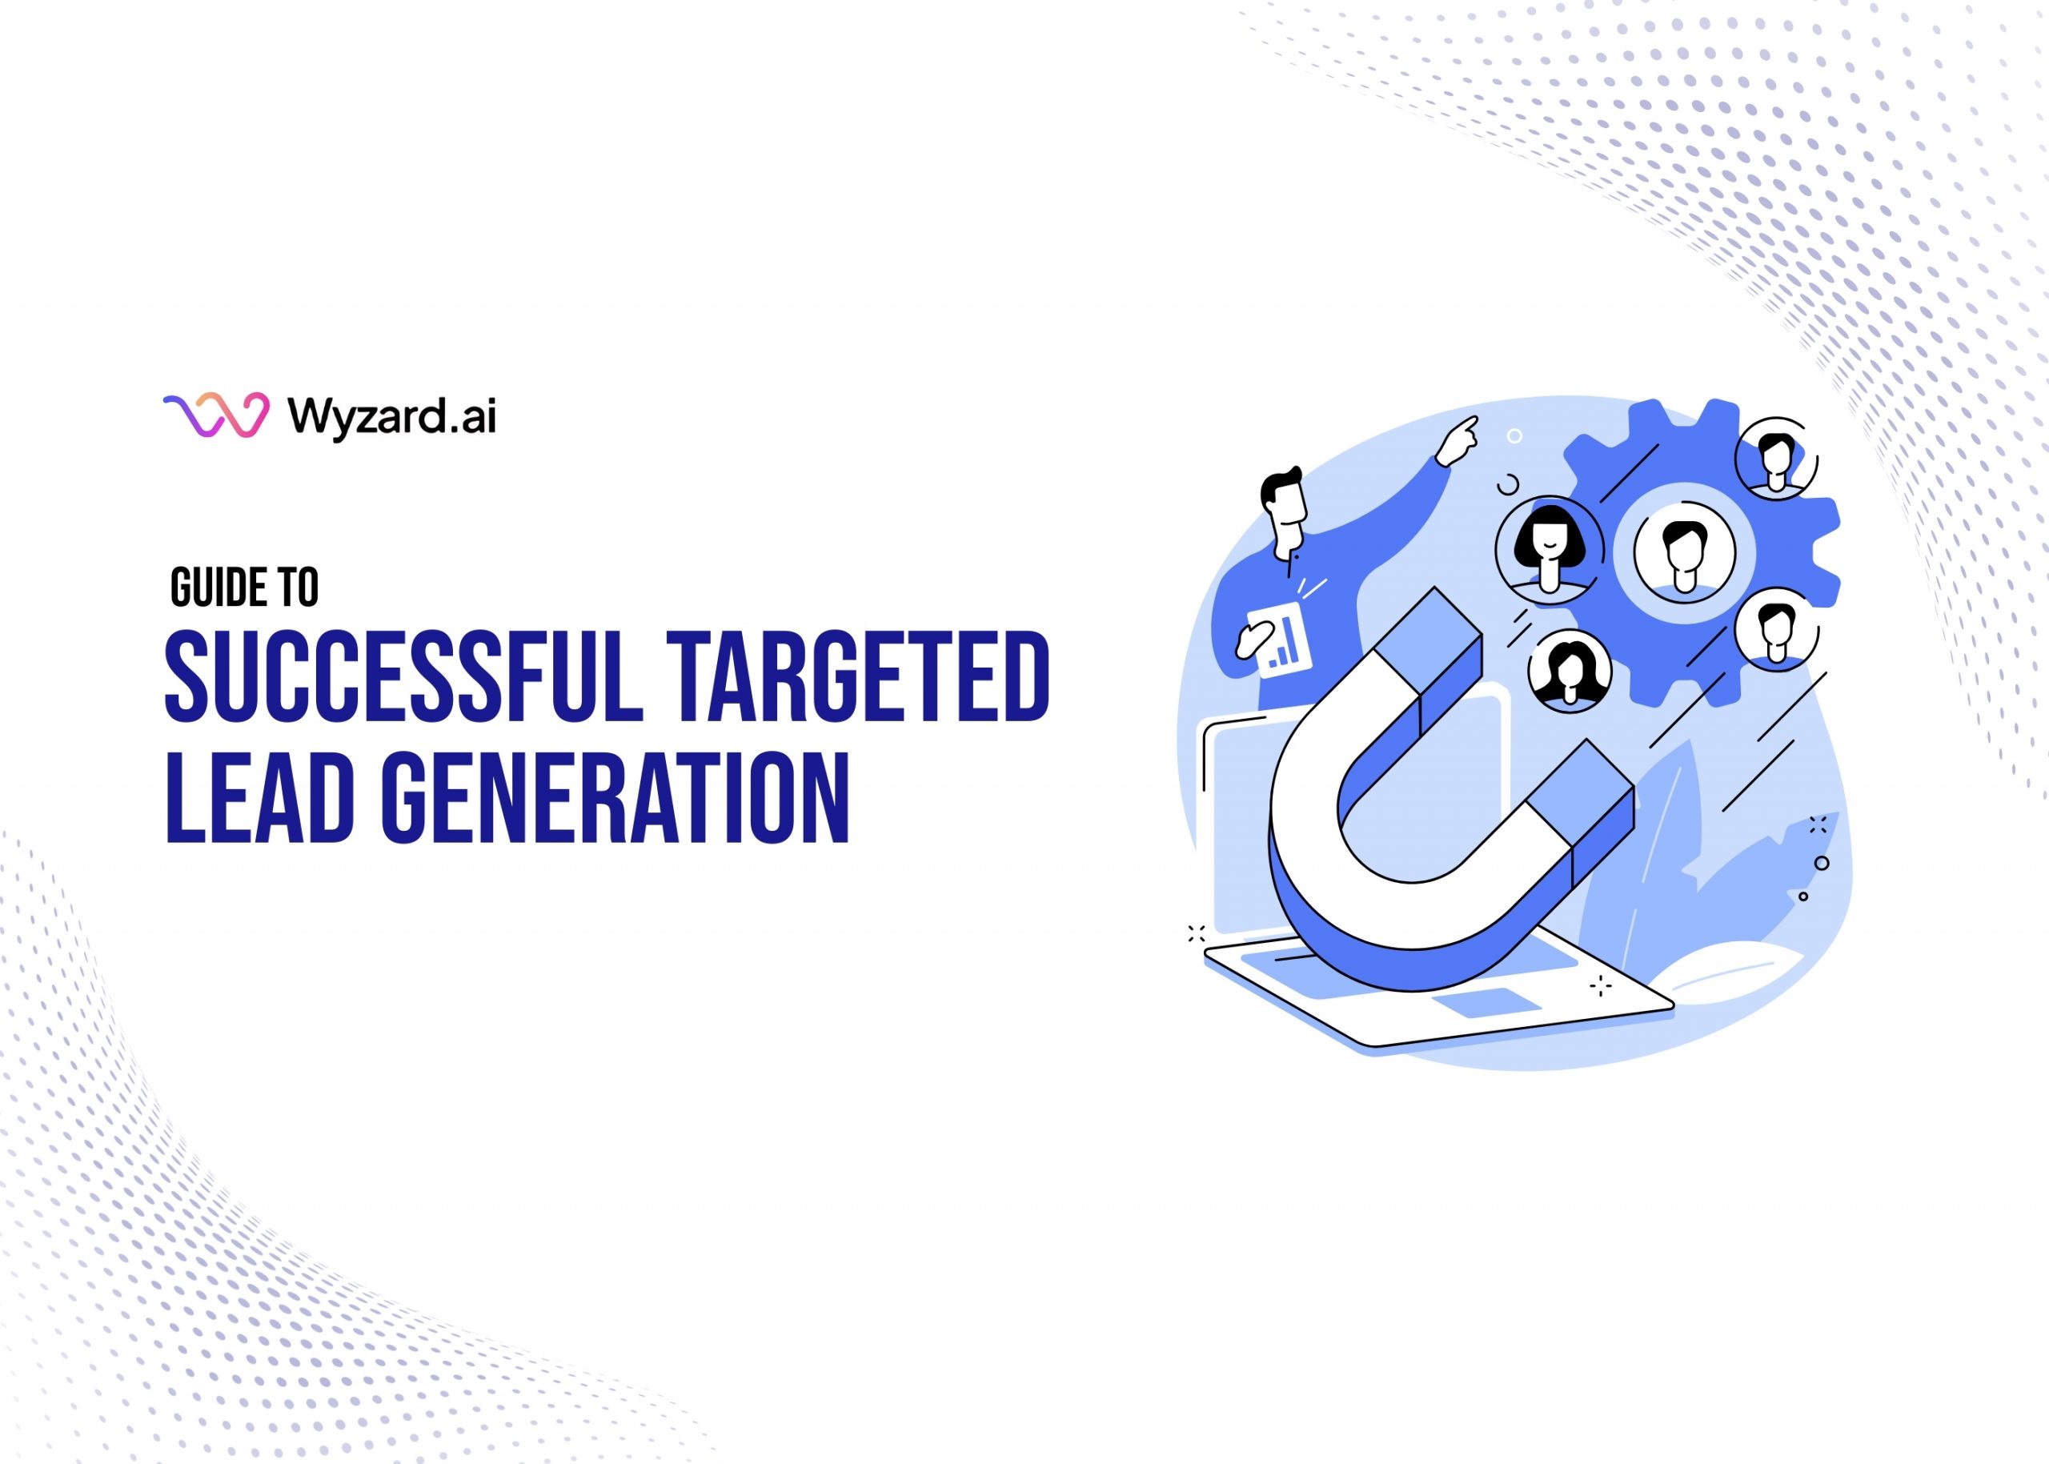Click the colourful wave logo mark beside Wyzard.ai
pos(216,415)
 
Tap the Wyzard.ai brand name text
pos(392,416)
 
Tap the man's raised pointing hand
pos(1457,441)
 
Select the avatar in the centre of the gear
pos(1684,552)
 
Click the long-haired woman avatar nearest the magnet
pos(1570,671)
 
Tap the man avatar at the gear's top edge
pos(1776,459)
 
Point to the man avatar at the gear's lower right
pos(1776,628)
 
